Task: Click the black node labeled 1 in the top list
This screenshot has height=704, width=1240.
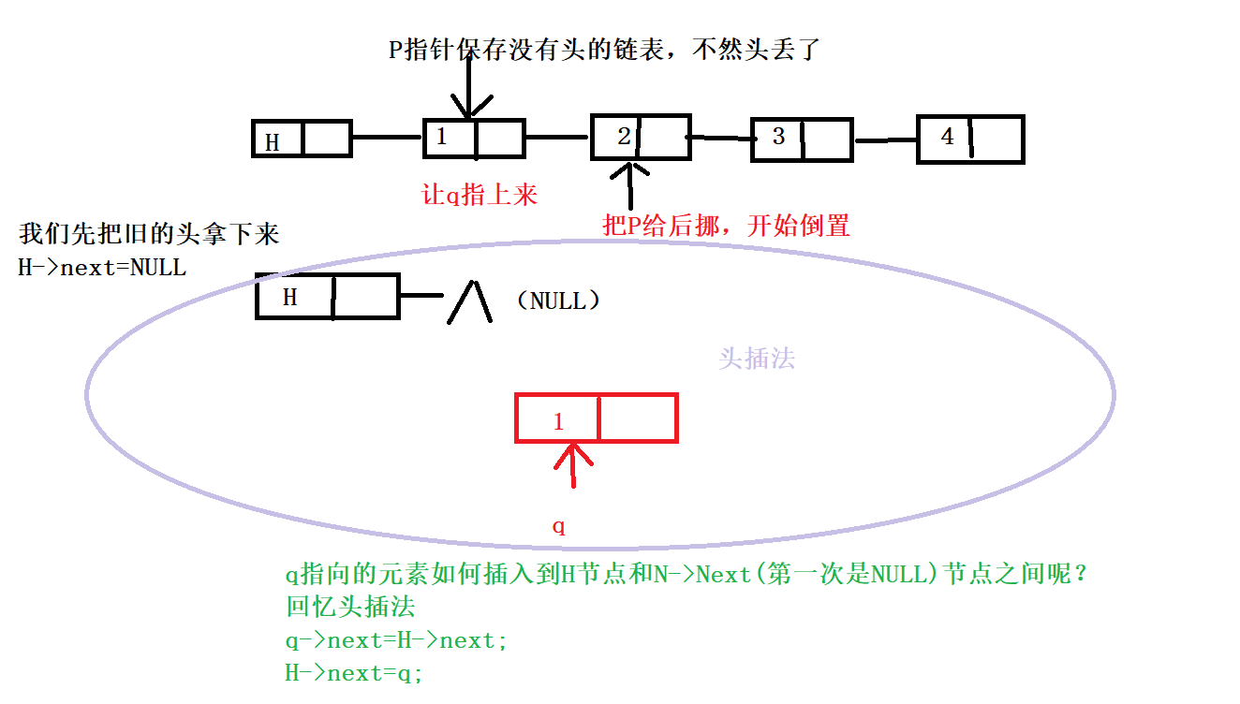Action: (473, 139)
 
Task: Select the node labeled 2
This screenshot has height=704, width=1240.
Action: (641, 137)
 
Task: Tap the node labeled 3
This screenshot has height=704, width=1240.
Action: (802, 139)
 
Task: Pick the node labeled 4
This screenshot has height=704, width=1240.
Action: (969, 139)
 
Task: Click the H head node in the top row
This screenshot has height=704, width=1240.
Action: (302, 139)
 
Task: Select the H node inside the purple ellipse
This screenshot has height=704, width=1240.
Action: (328, 297)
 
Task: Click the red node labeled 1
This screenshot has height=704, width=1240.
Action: (596, 418)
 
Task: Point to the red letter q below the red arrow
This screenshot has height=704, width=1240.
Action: (559, 526)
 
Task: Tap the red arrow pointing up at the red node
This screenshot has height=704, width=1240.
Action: (574, 465)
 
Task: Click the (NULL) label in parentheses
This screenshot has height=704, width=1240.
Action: (557, 301)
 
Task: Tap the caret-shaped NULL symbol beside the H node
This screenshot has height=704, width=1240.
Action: (468, 302)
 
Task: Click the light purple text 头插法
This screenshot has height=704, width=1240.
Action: (757, 359)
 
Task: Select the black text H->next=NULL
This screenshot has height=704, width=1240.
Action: (102, 268)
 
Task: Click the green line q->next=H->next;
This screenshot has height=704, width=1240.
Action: (396, 641)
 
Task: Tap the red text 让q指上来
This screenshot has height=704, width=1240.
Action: (480, 195)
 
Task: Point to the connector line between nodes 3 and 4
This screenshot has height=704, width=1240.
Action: (885, 140)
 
